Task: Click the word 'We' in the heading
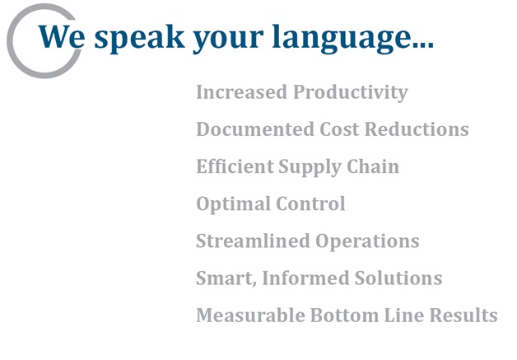(x=62, y=36)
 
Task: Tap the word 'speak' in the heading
(x=139, y=39)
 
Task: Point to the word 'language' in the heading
(x=338, y=39)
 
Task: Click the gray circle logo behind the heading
(x=10, y=41)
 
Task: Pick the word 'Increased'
(x=242, y=91)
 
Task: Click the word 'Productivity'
(x=351, y=92)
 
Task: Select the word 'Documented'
(x=255, y=129)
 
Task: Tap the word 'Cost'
(x=339, y=129)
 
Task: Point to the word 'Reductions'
(x=417, y=129)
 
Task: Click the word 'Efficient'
(x=235, y=166)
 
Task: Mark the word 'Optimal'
(x=233, y=204)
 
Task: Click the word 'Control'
(x=310, y=203)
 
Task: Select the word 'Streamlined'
(x=254, y=241)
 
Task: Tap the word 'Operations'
(x=367, y=241)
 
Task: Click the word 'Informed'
(x=305, y=278)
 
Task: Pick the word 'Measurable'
(x=251, y=316)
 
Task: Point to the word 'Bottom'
(x=345, y=316)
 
